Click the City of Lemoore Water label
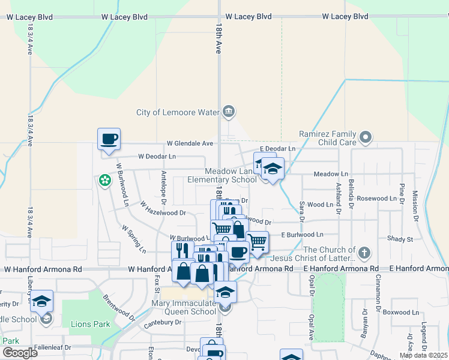click(178, 112)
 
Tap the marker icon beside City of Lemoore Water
click(229, 112)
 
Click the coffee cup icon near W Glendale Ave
click(109, 139)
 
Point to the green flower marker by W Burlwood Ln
click(105, 180)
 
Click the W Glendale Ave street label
click(190, 143)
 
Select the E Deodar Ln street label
click(277, 148)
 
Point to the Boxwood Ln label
click(401, 312)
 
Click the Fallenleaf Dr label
click(52, 347)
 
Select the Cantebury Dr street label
click(163, 322)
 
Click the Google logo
click(20, 352)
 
